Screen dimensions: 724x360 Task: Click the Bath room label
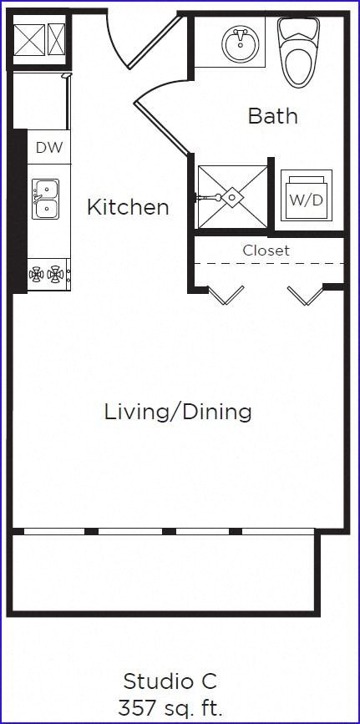tap(272, 115)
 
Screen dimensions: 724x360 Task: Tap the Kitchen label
tap(128, 207)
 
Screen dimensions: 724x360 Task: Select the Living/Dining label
tap(178, 412)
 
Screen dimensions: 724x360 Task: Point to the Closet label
tap(266, 251)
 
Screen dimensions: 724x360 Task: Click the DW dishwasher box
tap(48, 149)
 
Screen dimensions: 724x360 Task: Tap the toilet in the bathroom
tap(298, 53)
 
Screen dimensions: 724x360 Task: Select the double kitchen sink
tap(46, 199)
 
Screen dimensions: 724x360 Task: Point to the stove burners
tap(46, 273)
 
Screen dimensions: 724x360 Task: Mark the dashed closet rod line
tap(267, 264)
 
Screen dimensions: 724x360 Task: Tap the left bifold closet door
tap(226, 294)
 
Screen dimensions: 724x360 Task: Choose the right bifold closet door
tap(304, 294)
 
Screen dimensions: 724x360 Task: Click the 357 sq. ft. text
tap(170, 709)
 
